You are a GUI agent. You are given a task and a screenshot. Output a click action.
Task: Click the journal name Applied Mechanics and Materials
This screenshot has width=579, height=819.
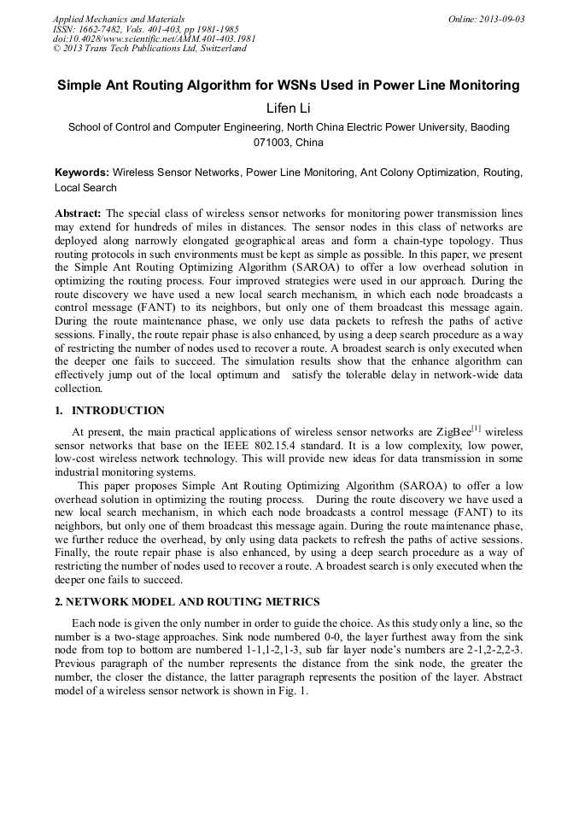pos(118,18)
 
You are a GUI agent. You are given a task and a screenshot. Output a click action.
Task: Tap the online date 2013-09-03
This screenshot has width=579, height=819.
pos(502,18)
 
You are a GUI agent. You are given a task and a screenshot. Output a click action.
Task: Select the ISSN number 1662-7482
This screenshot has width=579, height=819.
pos(106,28)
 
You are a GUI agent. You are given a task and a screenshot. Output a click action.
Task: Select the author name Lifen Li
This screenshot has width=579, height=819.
pos(289,108)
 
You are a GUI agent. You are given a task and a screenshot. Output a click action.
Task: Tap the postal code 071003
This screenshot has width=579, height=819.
pos(272,142)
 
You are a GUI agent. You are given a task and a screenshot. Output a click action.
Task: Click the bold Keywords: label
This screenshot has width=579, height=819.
pos(82,172)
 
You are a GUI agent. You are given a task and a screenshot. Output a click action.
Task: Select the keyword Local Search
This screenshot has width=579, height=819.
pos(85,187)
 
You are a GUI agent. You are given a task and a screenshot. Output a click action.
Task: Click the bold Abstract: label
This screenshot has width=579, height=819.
pos(78,213)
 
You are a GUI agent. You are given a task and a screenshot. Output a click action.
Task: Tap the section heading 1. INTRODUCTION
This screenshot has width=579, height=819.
pos(109,411)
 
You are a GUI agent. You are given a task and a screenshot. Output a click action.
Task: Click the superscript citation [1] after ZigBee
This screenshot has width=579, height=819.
pos(477,428)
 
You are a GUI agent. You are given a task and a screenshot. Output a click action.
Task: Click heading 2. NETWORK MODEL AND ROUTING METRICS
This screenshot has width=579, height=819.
pos(187,602)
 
